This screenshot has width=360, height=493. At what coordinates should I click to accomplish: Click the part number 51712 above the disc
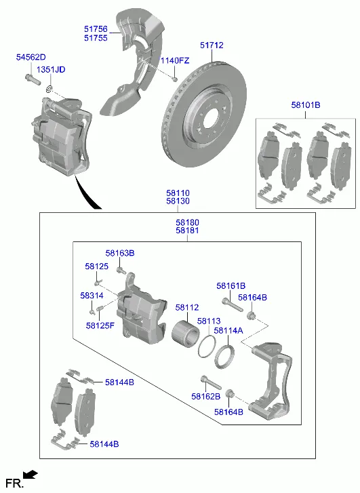click(x=212, y=45)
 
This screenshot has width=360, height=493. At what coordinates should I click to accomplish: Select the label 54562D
click(x=31, y=57)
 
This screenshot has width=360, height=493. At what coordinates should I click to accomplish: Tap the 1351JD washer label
click(x=51, y=69)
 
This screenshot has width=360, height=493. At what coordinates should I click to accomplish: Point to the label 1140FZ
click(x=175, y=60)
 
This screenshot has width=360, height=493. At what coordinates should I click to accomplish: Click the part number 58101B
click(x=306, y=105)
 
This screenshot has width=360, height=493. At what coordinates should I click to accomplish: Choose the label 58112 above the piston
click(x=187, y=307)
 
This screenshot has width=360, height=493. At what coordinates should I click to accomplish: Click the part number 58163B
click(x=120, y=253)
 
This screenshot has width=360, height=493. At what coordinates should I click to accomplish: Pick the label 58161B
click(x=231, y=286)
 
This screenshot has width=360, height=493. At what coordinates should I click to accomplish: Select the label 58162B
click(x=206, y=397)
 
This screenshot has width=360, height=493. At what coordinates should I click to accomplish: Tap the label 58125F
click(x=100, y=326)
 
